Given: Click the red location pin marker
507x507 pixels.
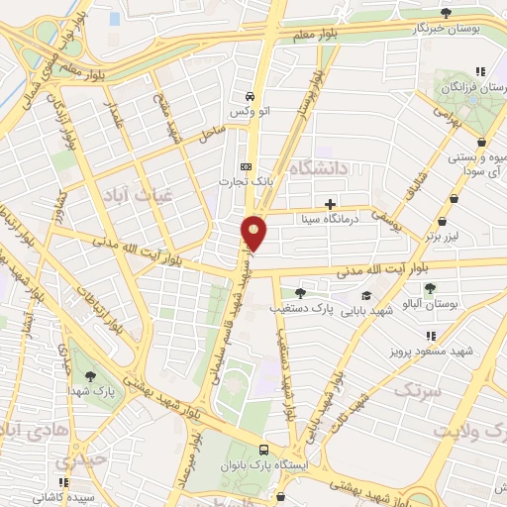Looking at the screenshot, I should (255, 234).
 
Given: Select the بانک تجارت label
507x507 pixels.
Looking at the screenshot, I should (247, 183).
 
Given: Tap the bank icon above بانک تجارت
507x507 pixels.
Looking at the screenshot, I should (247, 166).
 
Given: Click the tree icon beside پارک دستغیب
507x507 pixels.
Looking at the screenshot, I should (301, 293).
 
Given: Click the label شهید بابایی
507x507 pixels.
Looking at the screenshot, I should (367, 311).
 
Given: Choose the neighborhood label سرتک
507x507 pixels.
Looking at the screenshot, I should (415, 392).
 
